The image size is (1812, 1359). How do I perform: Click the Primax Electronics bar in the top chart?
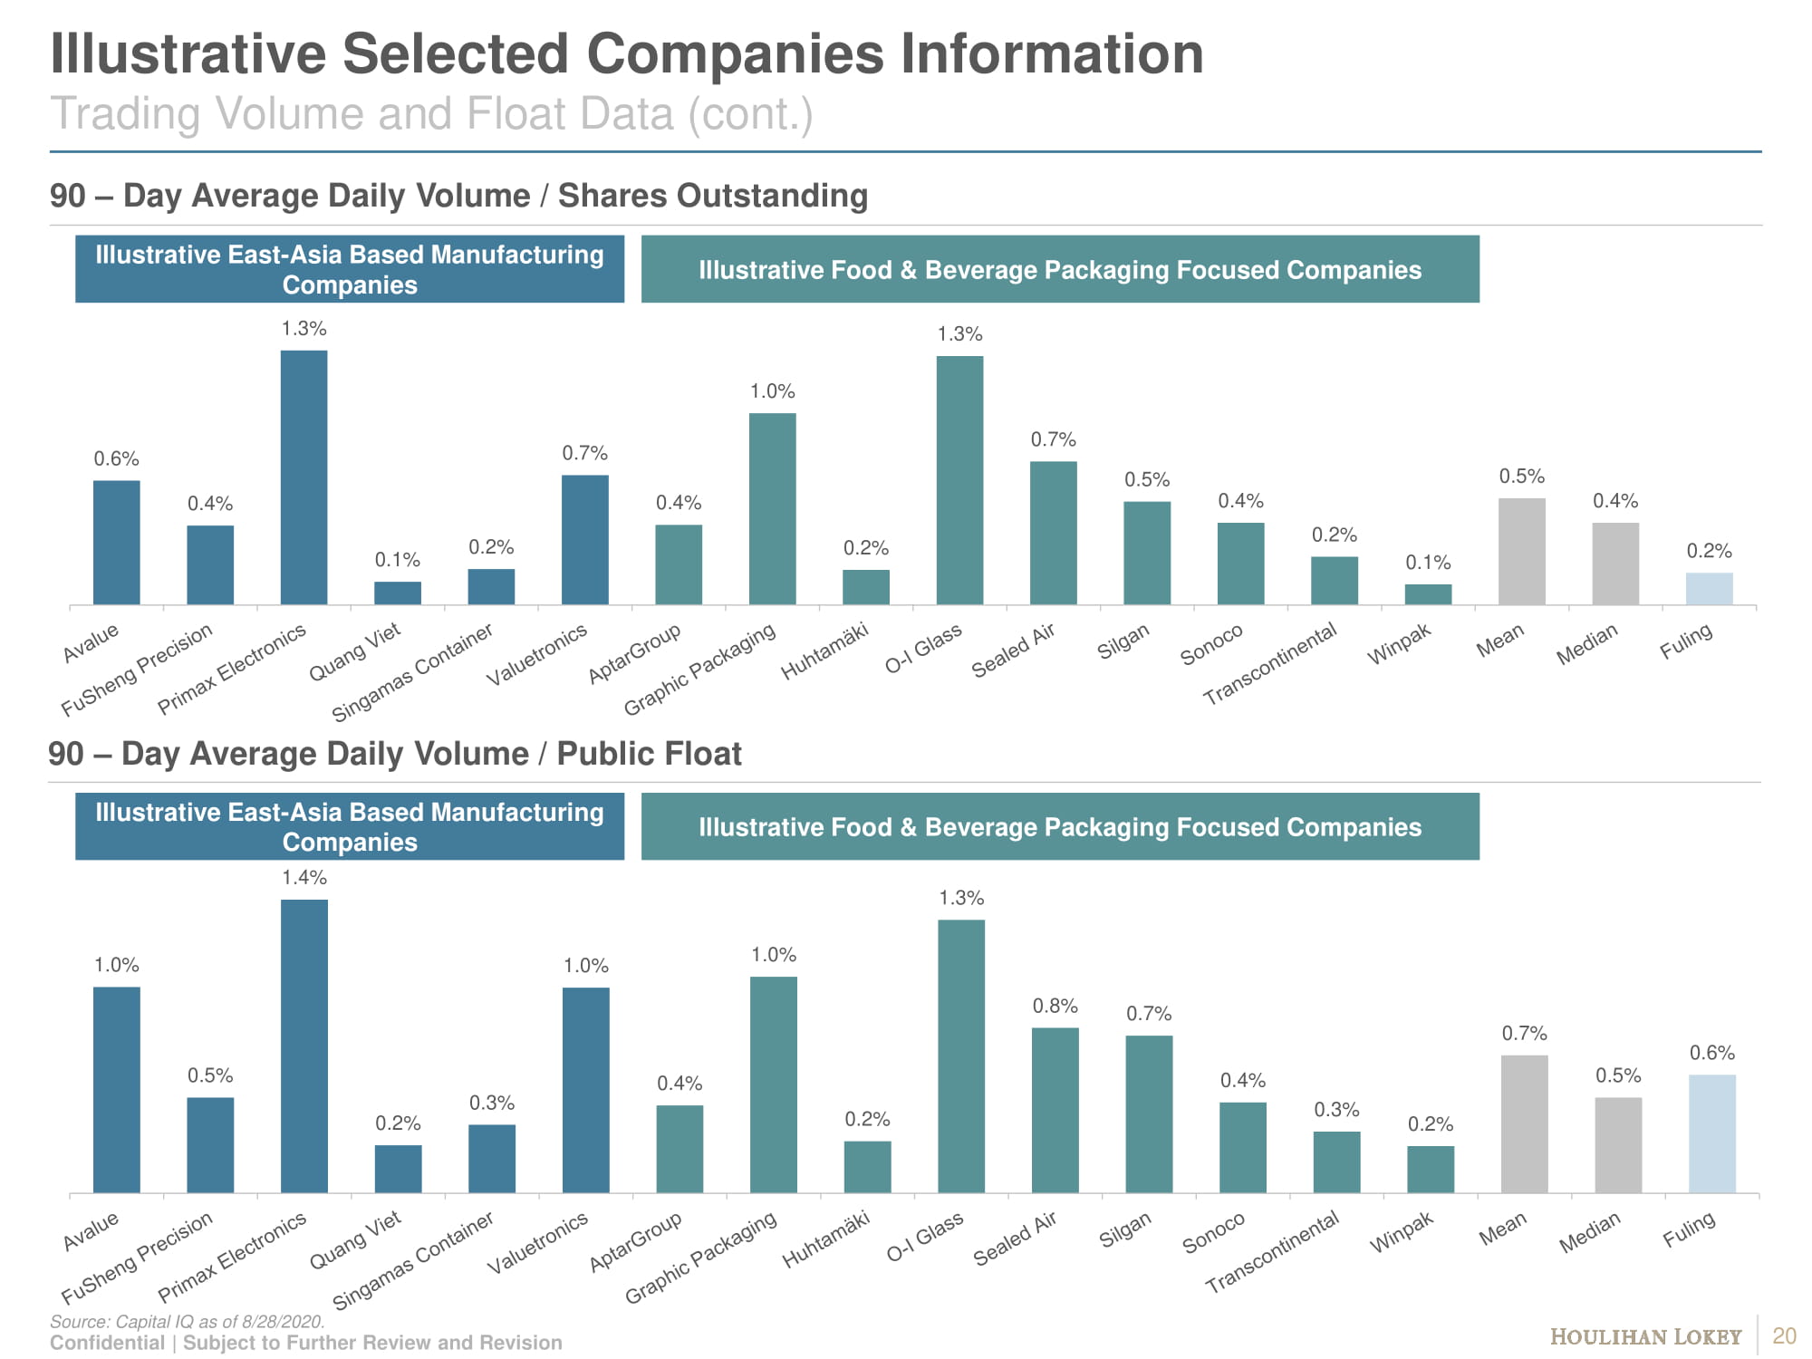[x=304, y=477]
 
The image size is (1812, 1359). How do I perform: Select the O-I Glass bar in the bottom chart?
[x=961, y=1056]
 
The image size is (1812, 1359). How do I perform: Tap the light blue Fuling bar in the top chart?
[x=1709, y=589]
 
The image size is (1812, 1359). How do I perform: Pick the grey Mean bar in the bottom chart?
[x=1524, y=1124]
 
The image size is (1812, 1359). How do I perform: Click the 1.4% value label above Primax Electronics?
[x=304, y=878]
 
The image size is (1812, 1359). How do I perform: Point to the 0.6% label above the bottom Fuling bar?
[x=1712, y=1053]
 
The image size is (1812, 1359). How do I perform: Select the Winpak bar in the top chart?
[x=1428, y=594]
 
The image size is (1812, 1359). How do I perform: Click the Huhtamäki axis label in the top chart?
[x=824, y=651]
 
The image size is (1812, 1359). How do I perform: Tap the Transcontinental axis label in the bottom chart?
[x=1271, y=1252]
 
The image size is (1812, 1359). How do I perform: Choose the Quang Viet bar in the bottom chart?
[x=398, y=1169]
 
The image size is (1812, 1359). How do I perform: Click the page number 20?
[x=1784, y=1336]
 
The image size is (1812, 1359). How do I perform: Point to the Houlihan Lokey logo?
[x=1645, y=1337]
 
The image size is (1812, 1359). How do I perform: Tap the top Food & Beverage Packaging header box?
[x=1060, y=269]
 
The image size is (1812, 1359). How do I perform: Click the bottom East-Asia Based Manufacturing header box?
[x=350, y=826]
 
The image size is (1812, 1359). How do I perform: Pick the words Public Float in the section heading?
[x=649, y=754]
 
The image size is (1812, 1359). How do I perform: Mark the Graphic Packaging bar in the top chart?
[x=773, y=509]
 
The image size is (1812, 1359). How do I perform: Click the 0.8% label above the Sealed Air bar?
[x=1055, y=1007]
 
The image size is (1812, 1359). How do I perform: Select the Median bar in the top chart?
[x=1615, y=564]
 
